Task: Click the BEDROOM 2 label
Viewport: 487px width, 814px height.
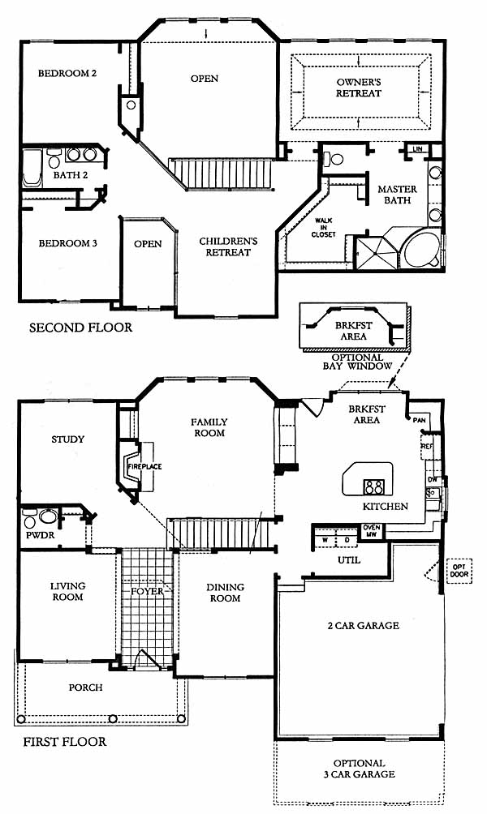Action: (x=67, y=73)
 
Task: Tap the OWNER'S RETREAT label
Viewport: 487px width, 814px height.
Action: (x=359, y=88)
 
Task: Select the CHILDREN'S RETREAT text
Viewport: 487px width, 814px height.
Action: (x=228, y=246)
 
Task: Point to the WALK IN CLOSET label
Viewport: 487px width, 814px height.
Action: (x=323, y=227)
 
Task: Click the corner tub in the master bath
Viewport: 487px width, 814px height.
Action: (x=422, y=250)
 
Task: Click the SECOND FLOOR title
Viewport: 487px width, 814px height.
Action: (x=80, y=328)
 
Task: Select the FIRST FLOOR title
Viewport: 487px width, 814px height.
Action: (x=64, y=741)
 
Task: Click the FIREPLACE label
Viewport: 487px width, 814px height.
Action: (x=145, y=467)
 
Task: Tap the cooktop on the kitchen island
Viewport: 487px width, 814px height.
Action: (x=373, y=487)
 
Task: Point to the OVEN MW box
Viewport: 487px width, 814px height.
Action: (x=371, y=531)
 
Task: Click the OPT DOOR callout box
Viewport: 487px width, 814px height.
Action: (x=459, y=571)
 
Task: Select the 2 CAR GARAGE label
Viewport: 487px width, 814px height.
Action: (x=364, y=626)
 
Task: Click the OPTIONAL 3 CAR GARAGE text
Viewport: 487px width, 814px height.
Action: (x=359, y=769)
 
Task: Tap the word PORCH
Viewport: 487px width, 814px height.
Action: (x=86, y=688)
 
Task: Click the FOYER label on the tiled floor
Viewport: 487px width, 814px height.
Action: (x=147, y=591)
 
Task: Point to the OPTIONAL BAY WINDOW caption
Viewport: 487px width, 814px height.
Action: (x=358, y=362)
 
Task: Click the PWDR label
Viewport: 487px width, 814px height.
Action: (x=40, y=535)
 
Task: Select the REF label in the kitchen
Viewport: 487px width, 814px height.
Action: (x=427, y=447)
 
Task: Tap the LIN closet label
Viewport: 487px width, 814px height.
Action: (x=418, y=149)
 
